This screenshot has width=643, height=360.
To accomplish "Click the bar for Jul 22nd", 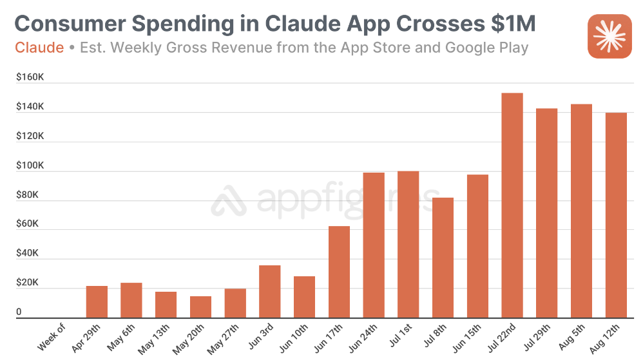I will [x=512, y=205].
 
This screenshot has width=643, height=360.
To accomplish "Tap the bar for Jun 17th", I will [x=339, y=272].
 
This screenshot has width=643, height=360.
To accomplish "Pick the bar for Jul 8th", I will [x=443, y=258].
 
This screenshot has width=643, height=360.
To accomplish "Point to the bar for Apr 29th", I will [x=97, y=302].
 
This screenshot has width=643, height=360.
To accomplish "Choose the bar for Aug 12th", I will [x=616, y=215].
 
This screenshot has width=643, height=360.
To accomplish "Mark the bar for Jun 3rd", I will [x=269, y=292].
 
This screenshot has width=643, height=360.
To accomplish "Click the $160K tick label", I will [x=30, y=77].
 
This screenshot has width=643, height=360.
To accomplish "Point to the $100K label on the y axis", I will [x=30, y=166].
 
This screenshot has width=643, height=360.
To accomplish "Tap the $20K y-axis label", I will [x=28, y=283].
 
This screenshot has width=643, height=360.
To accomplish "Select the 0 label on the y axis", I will [x=19, y=312].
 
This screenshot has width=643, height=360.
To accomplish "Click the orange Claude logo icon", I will [x=608, y=37].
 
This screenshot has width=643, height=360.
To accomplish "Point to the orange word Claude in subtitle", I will [x=39, y=48].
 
